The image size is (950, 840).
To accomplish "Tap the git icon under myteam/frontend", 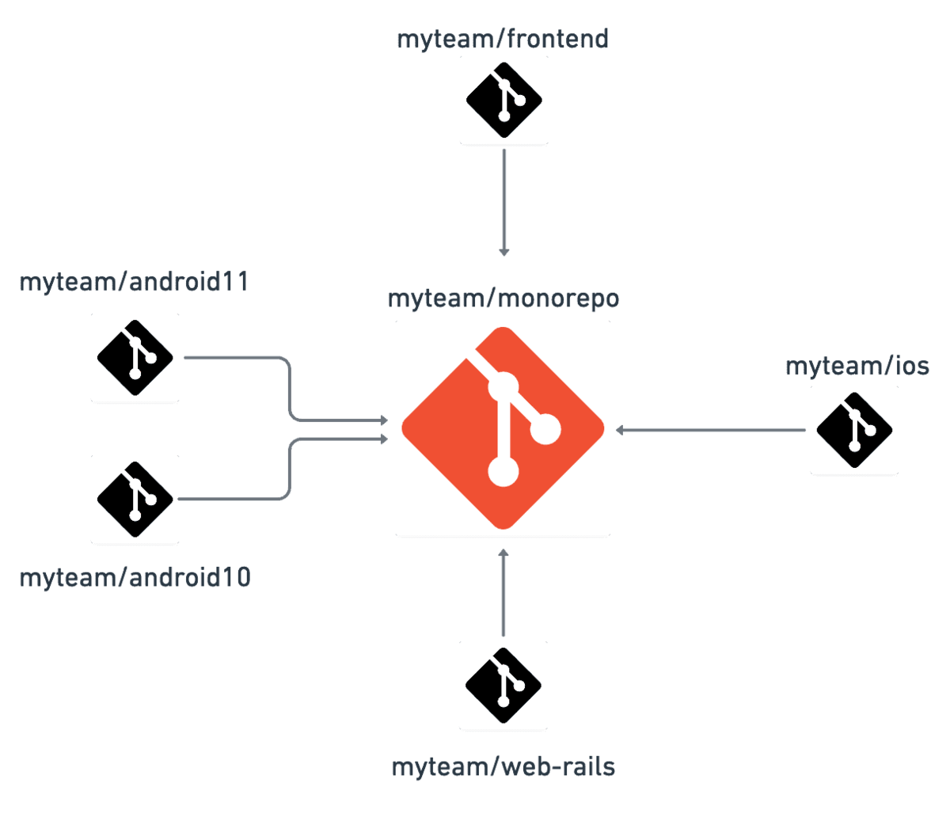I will click(503, 101).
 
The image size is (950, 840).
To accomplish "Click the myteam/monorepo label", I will click(503, 299).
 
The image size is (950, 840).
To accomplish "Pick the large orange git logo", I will click(503, 428).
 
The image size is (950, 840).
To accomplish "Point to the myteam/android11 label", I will click(134, 282).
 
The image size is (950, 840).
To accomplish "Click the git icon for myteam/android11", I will click(135, 357).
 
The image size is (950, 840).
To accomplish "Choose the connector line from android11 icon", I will click(237, 358).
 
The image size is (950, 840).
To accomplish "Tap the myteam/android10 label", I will click(135, 577).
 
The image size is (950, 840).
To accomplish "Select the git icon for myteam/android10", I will click(135, 499).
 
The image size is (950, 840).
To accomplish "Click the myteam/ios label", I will click(857, 367).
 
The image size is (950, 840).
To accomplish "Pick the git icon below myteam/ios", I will click(854, 430).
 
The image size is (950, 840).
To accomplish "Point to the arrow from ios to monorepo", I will click(712, 430).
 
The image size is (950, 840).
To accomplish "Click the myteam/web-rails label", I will click(503, 766).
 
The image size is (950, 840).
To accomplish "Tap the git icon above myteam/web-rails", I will click(503, 685).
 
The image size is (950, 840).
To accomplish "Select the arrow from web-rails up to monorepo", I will click(503, 594).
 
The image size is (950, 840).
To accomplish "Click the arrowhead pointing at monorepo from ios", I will click(621, 430).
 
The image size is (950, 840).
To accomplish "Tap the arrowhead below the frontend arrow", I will click(503, 252).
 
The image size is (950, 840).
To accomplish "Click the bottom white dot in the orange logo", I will click(503, 471).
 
